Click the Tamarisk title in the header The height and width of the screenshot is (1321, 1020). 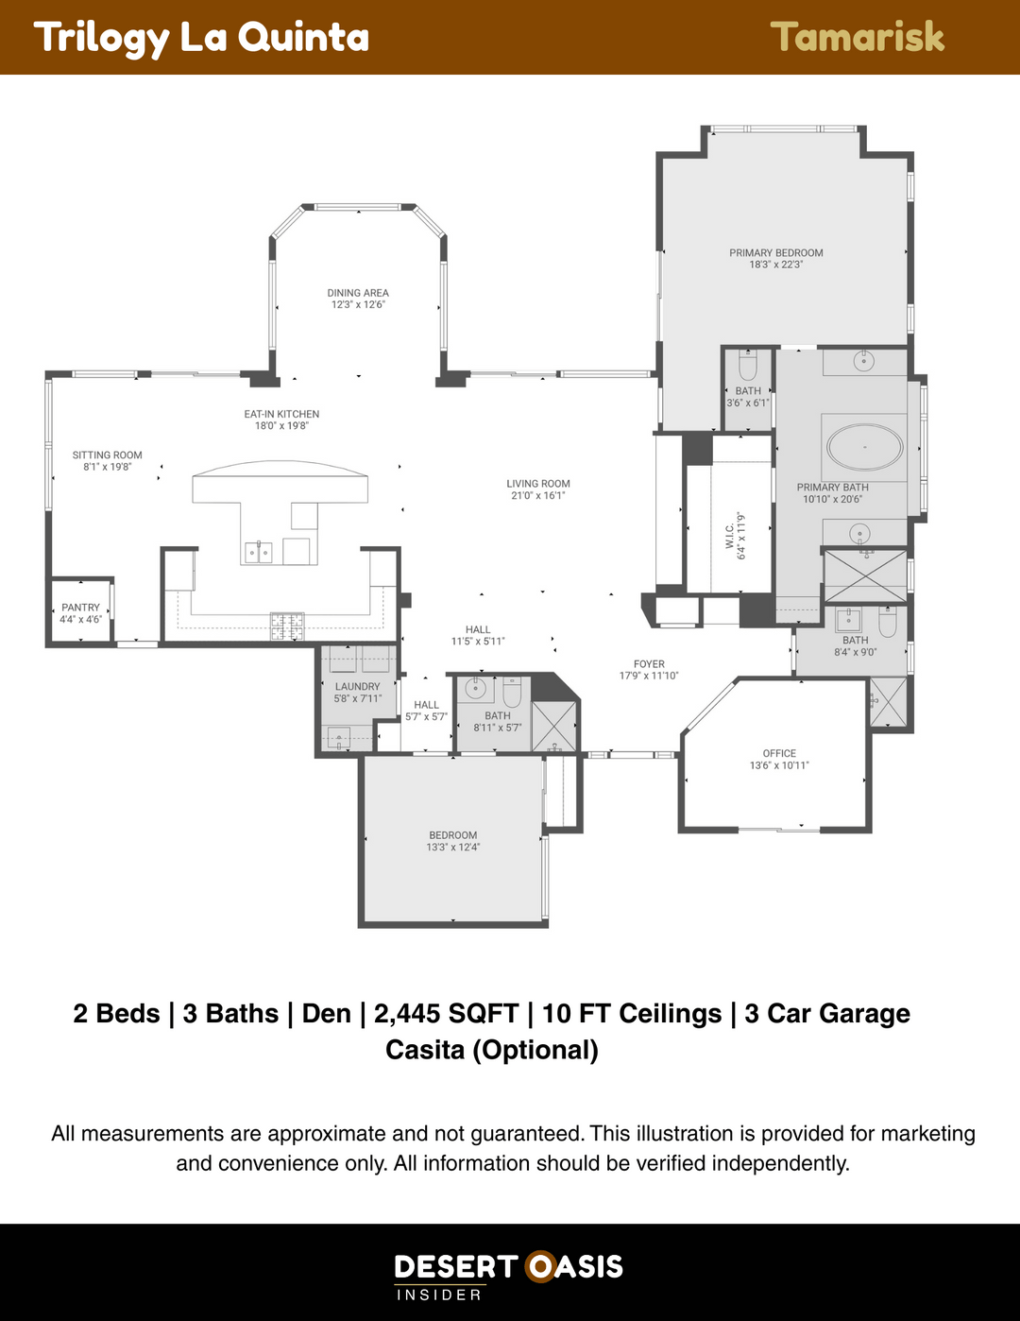coord(858,37)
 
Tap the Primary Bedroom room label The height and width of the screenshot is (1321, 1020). coord(775,253)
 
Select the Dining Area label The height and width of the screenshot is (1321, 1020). coord(358,293)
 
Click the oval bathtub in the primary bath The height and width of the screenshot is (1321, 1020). coord(864,447)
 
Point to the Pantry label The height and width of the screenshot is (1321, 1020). coord(81,608)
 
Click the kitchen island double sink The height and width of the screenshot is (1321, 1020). coord(258,552)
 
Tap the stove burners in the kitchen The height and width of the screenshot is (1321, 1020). coord(287,626)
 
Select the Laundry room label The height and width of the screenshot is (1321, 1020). coord(357,686)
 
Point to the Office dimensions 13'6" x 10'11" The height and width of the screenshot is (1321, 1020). coord(779,765)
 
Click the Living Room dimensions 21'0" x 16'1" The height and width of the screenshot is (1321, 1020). coord(538,495)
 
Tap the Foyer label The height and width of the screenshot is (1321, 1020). coord(649,664)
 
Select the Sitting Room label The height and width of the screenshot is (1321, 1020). coord(107,455)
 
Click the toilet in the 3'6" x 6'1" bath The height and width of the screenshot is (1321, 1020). coord(747,366)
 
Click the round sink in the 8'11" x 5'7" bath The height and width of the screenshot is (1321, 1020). coord(474,688)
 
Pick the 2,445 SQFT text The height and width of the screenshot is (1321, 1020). coord(446,1013)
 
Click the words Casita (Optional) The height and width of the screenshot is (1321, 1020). coord(492,1050)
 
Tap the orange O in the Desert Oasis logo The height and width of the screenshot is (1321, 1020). coord(540,1267)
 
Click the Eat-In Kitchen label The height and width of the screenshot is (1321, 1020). coord(281,414)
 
